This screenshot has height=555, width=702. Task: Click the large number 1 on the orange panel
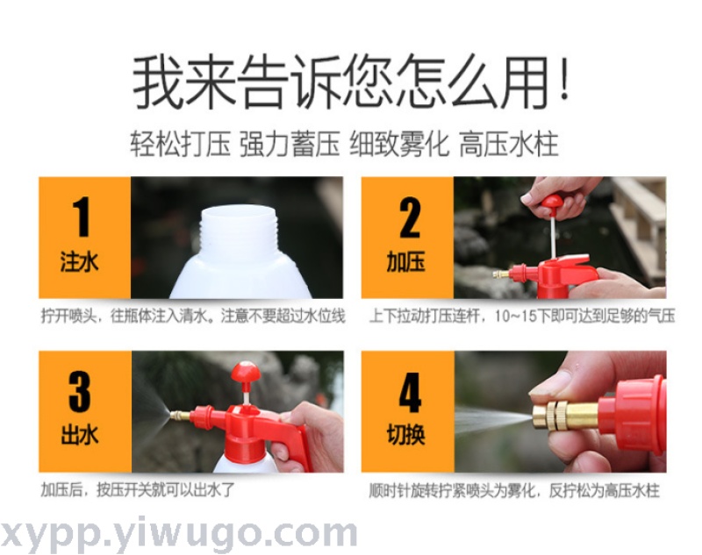pyautogui.click(x=82, y=217)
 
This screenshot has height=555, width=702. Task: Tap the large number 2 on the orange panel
pyautogui.click(x=410, y=217)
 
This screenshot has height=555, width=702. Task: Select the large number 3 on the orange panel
pyautogui.click(x=80, y=391)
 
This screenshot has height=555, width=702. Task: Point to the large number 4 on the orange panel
pyautogui.click(x=410, y=392)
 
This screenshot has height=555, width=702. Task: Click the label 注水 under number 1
pyautogui.click(x=79, y=261)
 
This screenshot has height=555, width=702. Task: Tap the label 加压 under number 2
pyautogui.click(x=405, y=261)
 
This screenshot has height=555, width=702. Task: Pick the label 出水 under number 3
pyautogui.click(x=79, y=435)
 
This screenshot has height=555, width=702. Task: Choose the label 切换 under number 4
pyautogui.click(x=405, y=435)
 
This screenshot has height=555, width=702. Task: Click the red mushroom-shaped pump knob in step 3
pyautogui.click(x=246, y=372)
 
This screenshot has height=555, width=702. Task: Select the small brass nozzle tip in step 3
pyautogui.click(x=180, y=416)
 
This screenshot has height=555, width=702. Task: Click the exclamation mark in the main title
pyautogui.click(x=564, y=80)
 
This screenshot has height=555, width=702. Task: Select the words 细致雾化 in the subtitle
pyautogui.click(x=399, y=144)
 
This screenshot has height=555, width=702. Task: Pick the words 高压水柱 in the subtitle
pyautogui.click(x=509, y=144)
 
